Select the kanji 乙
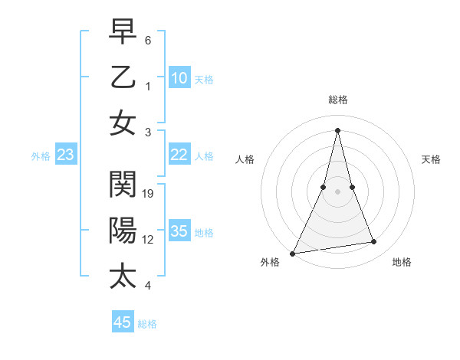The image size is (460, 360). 123,78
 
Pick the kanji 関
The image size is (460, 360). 123,185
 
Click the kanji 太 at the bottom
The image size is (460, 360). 123,275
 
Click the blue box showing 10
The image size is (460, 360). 179,77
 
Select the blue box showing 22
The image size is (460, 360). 179,155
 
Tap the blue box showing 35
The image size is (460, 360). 179,231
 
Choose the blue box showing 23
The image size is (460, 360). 66,155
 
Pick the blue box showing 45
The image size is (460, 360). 123,322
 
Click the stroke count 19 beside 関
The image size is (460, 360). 149,193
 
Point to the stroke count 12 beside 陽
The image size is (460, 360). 149,239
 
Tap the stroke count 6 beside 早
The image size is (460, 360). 148,39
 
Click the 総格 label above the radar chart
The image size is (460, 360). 337,100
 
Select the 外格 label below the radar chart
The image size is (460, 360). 270,263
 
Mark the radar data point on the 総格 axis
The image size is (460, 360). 337,130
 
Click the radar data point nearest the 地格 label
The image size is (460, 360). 374,242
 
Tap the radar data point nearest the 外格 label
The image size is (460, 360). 293,253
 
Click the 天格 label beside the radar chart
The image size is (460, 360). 431,159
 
